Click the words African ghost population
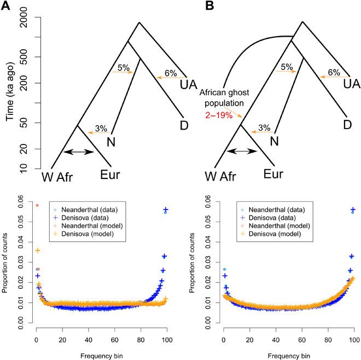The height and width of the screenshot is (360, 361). [225, 97]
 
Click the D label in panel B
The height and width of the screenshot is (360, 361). [348, 124]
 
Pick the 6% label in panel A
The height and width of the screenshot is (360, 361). [171, 72]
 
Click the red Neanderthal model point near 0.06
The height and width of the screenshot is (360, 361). [37, 206]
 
